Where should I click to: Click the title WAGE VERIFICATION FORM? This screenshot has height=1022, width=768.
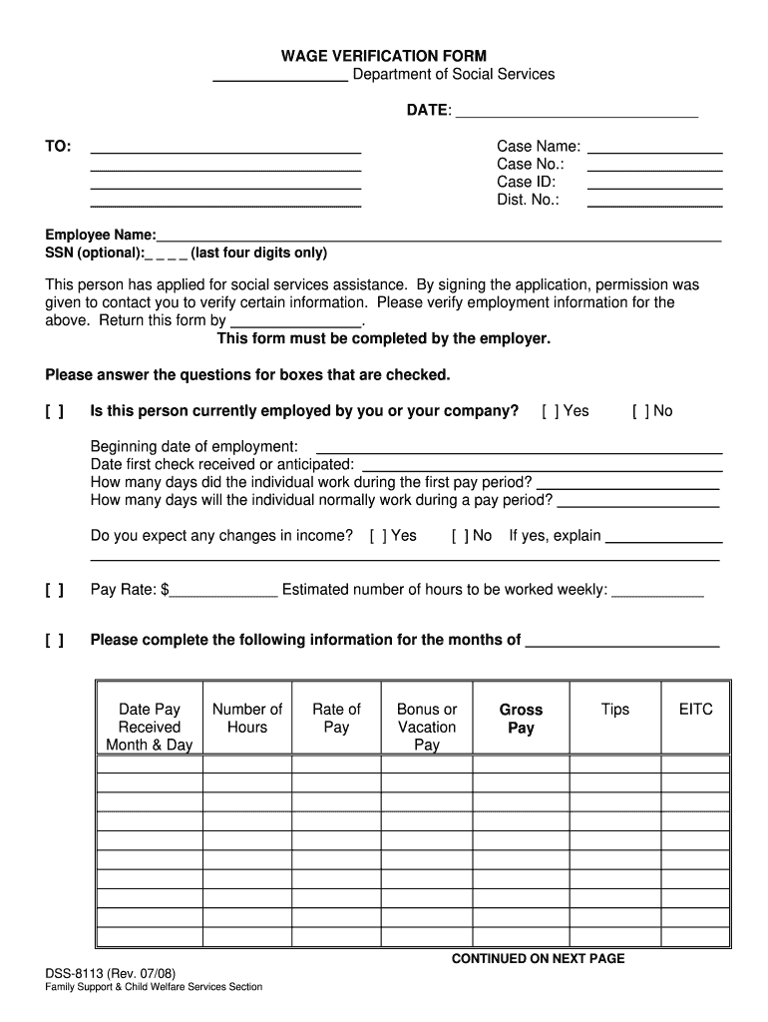[383, 56]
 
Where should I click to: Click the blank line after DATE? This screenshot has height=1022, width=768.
[576, 112]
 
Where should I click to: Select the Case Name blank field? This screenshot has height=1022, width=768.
[654, 148]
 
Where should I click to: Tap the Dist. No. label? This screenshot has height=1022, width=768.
[528, 200]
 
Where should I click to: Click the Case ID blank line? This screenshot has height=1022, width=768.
[654, 184]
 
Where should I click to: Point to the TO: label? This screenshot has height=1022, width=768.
[58, 147]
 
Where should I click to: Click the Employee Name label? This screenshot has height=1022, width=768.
[100, 235]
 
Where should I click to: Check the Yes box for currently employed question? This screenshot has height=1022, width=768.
[548, 411]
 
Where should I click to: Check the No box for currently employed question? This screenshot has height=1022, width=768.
[638, 411]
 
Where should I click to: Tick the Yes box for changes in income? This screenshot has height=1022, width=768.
[376, 536]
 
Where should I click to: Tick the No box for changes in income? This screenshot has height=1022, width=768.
[458, 536]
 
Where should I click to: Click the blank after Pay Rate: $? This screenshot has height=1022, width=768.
[224, 591]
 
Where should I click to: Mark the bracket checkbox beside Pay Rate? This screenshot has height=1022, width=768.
[55, 591]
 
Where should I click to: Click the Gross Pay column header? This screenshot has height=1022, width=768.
[521, 719]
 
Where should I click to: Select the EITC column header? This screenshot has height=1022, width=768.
[695, 710]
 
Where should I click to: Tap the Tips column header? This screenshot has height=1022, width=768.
[615, 710]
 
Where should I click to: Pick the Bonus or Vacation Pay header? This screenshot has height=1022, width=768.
[427, 727]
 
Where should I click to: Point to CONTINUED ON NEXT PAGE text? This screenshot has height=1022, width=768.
[538, 959]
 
